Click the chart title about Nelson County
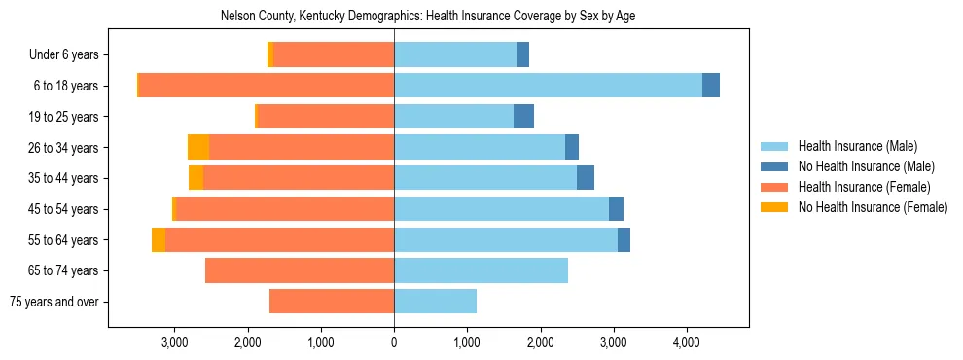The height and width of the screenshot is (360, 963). point(428,16)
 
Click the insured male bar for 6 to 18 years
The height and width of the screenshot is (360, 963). point(548,86)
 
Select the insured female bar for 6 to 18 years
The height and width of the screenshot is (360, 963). point(267,86)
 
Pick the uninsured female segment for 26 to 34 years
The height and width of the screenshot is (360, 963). point(198,148)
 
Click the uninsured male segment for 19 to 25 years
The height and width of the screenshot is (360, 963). point(523,117)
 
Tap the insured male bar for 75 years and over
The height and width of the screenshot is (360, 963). point(435,302)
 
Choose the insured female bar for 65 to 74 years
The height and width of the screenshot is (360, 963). point(300,270)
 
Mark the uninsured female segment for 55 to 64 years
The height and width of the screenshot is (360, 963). point(159,240)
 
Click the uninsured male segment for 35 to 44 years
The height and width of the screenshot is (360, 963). point(586,178)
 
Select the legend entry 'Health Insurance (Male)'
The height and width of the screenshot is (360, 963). point(857,146)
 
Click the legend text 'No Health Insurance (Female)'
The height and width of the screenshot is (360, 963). point(873,207)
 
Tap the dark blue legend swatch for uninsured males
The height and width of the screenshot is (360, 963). point(775,166)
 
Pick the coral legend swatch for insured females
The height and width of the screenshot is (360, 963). point(775,187)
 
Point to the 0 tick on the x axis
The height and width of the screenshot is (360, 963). point(394,342)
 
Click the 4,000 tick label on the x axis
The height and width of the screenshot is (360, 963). point(687,342)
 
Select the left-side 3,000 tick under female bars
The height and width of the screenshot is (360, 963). point(174,342)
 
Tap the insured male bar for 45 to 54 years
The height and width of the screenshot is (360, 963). point(501,209)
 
